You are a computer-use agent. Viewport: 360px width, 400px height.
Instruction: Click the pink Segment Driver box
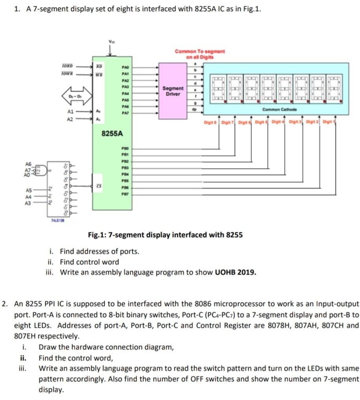172,91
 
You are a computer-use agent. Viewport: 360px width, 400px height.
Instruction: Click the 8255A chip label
113,133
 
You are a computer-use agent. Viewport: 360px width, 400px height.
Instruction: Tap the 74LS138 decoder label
58,221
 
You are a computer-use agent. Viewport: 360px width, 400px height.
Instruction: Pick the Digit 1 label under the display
327,122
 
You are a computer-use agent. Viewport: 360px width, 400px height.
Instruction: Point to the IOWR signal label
68,74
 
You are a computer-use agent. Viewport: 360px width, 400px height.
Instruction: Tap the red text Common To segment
200,51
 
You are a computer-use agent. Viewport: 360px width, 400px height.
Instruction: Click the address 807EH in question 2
25,337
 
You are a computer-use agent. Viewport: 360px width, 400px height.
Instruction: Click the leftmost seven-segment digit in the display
218,88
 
